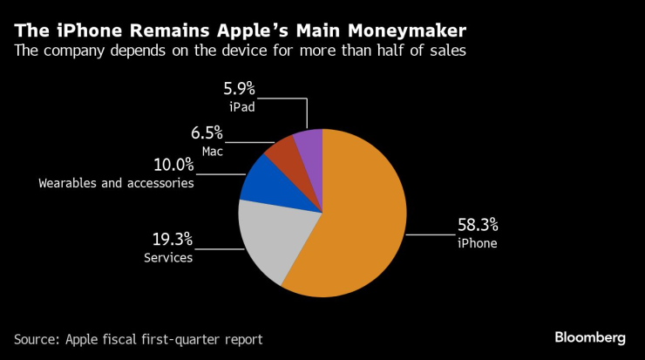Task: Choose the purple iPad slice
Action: coord(309,144)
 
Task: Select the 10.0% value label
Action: coord(171,166)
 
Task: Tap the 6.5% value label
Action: coord(207,132)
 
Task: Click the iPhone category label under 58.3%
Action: coord(477,244)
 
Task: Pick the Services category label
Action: coord(166,258)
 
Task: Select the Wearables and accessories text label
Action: coord(116,183)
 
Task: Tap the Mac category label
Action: coord(213,150)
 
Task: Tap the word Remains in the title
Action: coord(143,32)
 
